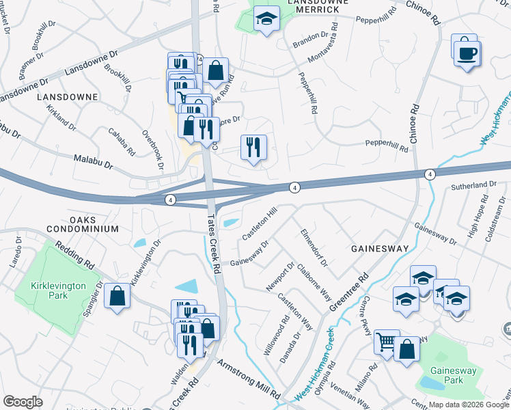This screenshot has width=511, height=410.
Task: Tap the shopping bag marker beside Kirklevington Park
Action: [x=118, y=297]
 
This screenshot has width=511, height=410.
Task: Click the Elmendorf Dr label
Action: [x=314, y=248]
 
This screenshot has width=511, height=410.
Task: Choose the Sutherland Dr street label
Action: [x=473, y=185]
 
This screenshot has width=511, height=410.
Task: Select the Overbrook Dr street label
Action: [x=152, y=149]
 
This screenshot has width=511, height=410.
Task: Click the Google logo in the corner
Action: [x=23, y=402]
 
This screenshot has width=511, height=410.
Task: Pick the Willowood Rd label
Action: [x=277, y=334]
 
